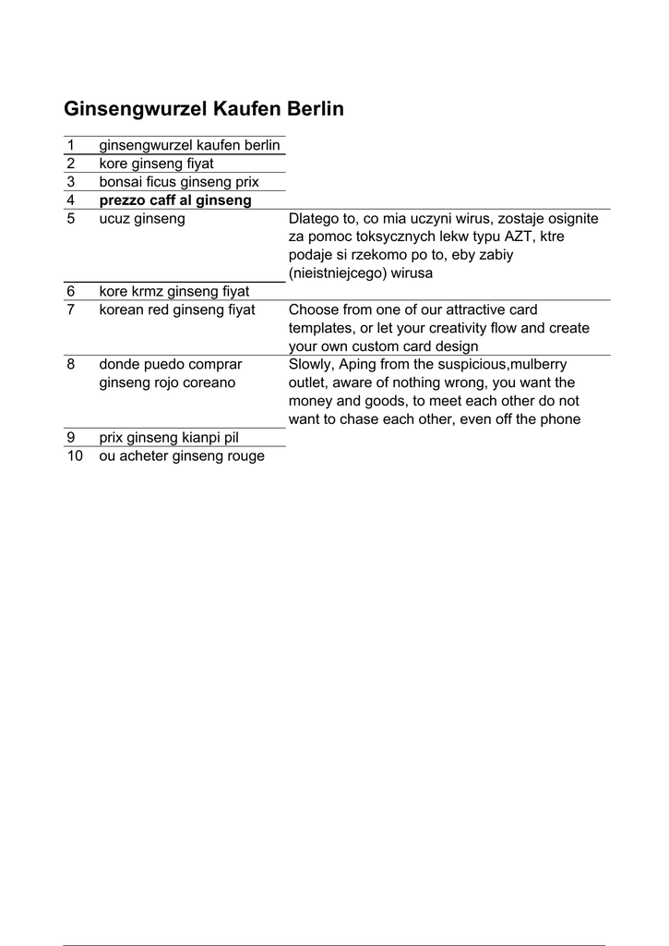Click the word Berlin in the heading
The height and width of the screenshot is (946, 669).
(316, 109)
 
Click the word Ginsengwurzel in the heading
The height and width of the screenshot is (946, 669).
(135, 109)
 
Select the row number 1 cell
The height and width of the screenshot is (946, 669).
(70, 146)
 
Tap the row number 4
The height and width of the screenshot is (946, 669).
(70, 200)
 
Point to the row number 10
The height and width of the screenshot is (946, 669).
(75, 456)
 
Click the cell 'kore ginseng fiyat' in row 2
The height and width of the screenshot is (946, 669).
(156, 164)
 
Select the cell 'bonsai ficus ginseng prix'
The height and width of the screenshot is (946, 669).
(179, 182)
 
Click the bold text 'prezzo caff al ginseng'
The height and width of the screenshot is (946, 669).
(175, 200)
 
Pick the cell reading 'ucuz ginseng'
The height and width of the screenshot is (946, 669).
(142, 219)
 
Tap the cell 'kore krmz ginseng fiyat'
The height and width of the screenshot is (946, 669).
(174, 292)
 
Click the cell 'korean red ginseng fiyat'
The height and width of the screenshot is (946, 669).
(177, 309)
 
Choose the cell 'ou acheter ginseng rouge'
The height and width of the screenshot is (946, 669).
(182, 456)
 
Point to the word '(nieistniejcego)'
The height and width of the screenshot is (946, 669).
(337, 273)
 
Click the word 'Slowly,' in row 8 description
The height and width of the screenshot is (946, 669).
(312, 365)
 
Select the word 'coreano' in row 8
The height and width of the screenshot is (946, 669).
(209, 382)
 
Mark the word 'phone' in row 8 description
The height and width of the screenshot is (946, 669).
(560, 419)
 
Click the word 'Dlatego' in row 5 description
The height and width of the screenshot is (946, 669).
(314, 219)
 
